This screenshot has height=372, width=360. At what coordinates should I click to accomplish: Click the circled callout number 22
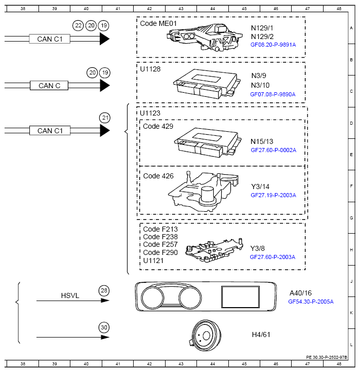tap(78, 25)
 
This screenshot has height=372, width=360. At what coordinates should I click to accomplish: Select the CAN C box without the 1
tap(49, 86)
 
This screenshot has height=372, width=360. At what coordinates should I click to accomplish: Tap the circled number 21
tap(105, 118)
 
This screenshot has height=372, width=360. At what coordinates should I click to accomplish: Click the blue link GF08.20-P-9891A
tap(273, 45)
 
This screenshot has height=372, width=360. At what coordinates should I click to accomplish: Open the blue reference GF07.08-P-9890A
tap(273, 94)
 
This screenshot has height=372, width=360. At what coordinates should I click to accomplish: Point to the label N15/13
tap(262, 141)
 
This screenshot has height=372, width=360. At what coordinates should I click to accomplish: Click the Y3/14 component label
tap(260, 187)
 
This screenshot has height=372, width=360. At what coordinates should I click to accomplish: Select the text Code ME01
tap(158, 23)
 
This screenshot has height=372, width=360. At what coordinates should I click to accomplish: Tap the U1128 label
tap(150, 69)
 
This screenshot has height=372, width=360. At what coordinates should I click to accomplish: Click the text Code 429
tap(158, 126)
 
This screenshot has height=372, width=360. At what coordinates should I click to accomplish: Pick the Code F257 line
tap(161, 244)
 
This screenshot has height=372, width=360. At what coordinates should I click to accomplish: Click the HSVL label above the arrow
tap(70, 295)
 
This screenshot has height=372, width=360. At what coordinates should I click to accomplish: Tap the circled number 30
tap(104, 327)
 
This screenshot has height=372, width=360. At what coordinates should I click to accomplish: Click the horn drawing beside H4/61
tap(205, 335)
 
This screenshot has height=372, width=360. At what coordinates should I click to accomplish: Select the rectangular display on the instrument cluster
tap(241, 297)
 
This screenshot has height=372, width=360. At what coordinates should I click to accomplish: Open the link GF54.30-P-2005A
tap(311, 302)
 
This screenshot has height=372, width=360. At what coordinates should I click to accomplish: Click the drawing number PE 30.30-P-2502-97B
tap(327, 357)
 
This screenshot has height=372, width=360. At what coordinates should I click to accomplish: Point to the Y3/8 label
tap(257, 248)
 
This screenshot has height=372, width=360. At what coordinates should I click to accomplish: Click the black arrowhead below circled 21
tap(105, 130)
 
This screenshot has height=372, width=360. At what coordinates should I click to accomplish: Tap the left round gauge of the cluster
tap(152, 297)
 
